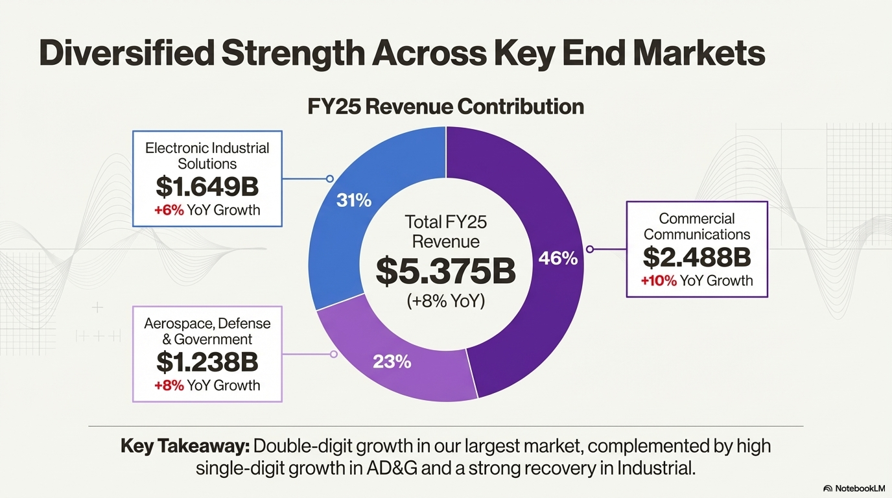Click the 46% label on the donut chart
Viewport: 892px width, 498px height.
[x=557, y=259]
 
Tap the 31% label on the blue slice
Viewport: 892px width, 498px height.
[x=354, y=200]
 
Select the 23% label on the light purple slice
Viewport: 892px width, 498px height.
[x=392, y=361]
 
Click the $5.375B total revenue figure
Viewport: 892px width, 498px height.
[x=445, y=272]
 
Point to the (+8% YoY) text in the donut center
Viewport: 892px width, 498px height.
[x=445, y=301]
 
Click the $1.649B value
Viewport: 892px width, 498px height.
[x=207, y=187]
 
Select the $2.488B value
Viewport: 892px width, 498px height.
[x=697, y=257]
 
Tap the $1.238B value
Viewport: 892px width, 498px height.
[x=207, y=362]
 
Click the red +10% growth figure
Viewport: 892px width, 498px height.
[x=659, y=281]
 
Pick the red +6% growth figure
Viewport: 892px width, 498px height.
[x=169, y=210]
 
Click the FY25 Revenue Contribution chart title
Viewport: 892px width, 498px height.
[x=445, y=106]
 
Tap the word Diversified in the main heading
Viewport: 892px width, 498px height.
[x=126, y=53]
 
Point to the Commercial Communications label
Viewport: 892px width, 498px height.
[x=697, y=226]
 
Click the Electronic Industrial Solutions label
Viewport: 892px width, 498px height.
[x=207, y=156]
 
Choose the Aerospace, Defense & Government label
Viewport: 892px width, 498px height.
[x=207, y=331]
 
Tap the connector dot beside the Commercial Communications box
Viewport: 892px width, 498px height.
[x=589, y=249]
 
